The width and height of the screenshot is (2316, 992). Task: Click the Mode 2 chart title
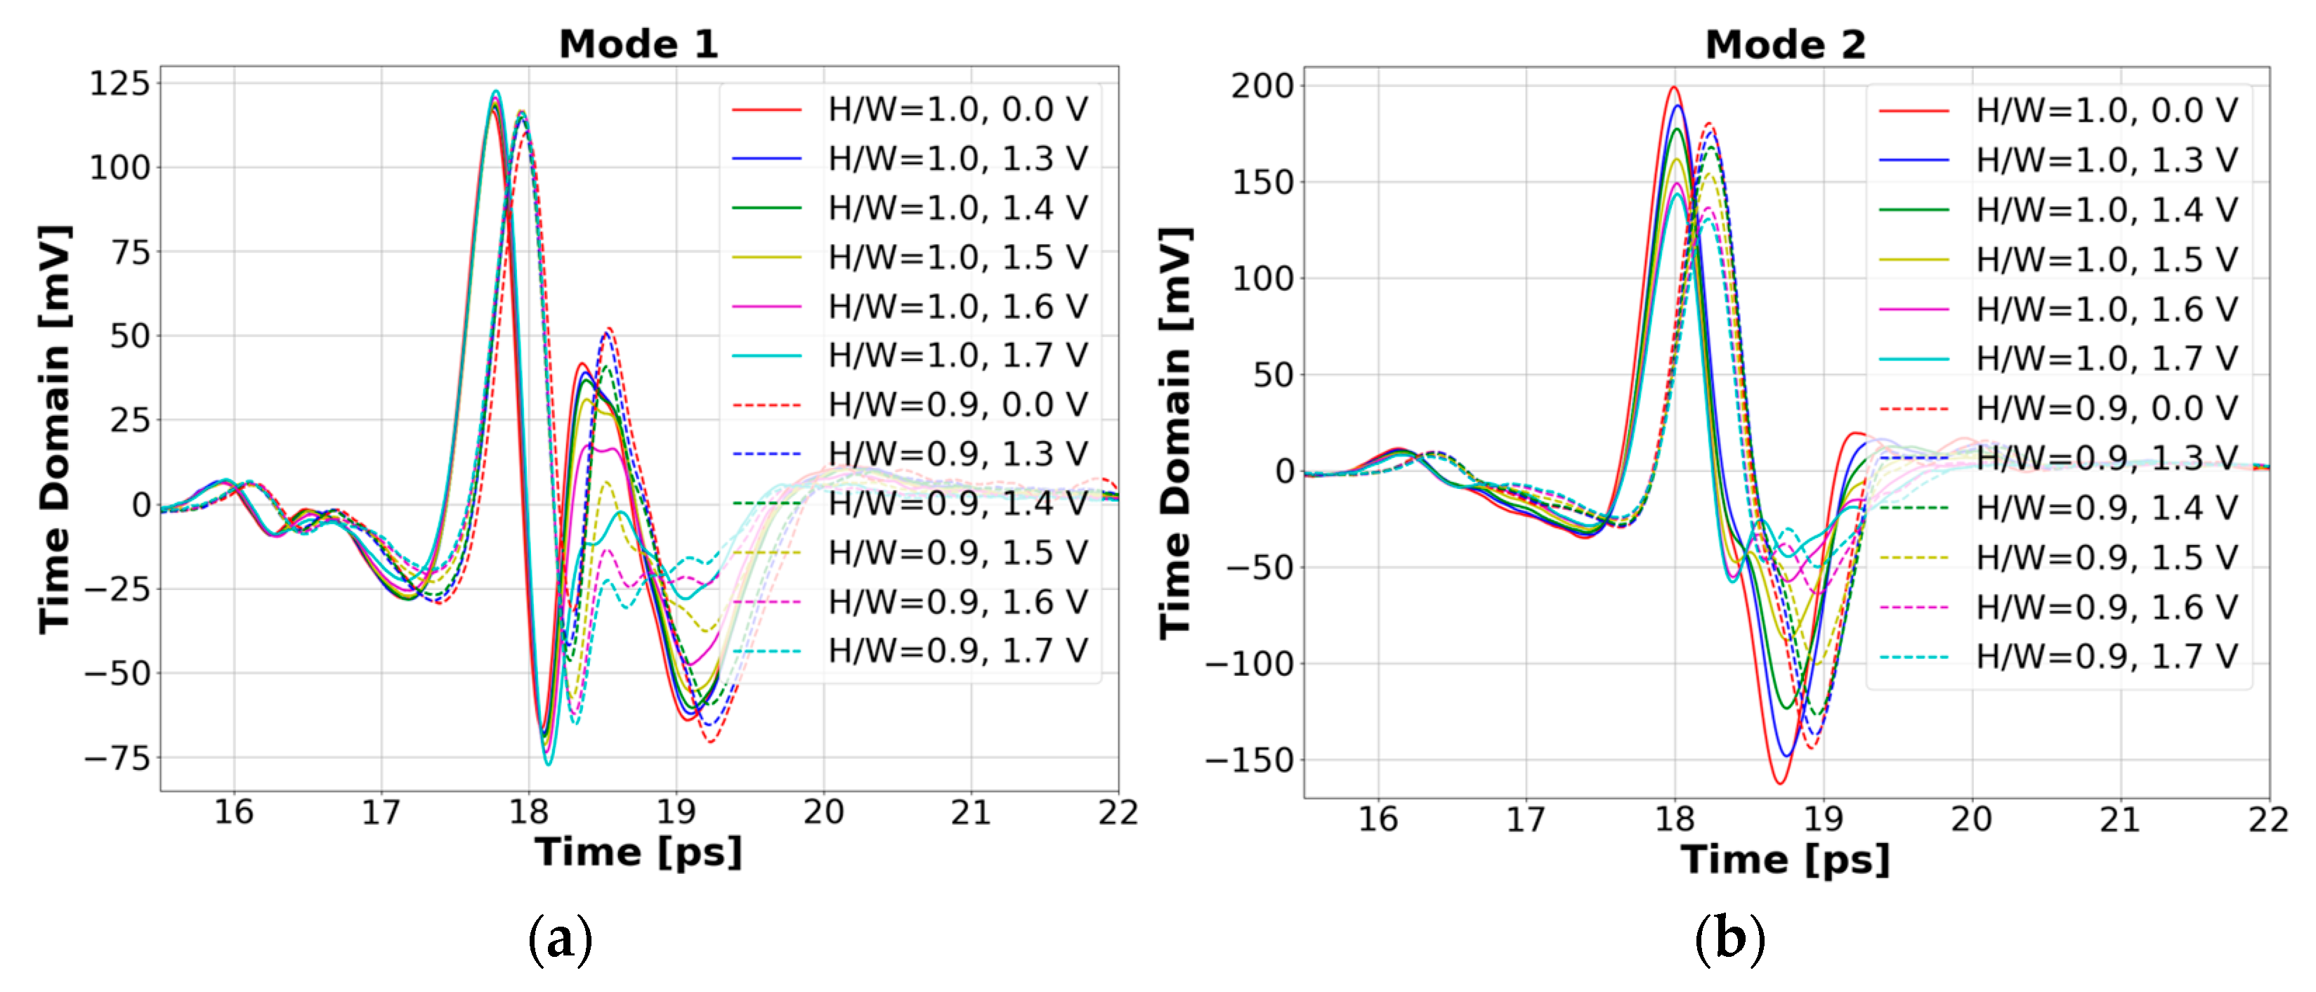pyautogui.click(x=1786, y=44)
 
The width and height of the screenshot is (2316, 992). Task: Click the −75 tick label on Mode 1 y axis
pyautogui.click(x=118, y=758)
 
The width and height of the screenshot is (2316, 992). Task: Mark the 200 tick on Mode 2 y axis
pyautogui.click(x=1262, y=86)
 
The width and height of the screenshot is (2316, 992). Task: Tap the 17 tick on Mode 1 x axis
pyautogui.click(x=381, y=812)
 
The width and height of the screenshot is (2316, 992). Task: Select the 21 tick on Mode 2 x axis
pyautogui.click(x=2120, y=818)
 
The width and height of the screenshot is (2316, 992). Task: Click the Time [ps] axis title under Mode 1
pyautogui.click(x=639, y=851)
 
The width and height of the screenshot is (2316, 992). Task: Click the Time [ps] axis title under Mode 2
pyautogui.click(x=1786, y=859)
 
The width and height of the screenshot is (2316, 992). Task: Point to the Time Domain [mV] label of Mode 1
pyautogui.click(x=54, y=429)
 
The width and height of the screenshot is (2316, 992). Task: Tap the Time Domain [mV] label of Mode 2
pyautogui.click(x=1175, y=433)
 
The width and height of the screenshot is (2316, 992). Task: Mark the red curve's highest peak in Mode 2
pyautogui.click(x=1673, y=87)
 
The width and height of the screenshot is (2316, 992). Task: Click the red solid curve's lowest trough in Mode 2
pyautogui.click(x=1779, y=783)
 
